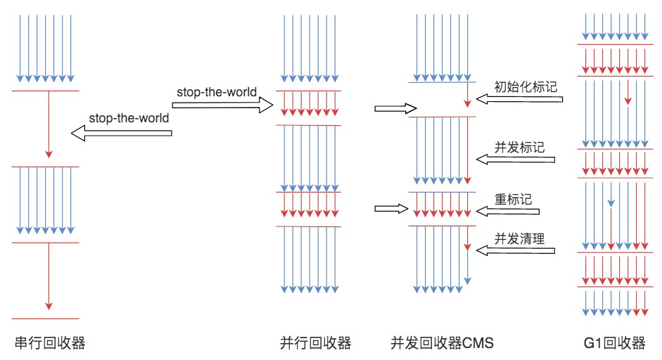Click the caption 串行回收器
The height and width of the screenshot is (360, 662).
click(x=50, y=342)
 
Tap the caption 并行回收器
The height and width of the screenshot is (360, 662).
click(x=315, y=342)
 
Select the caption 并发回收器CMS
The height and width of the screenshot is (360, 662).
click(x=442, y=342)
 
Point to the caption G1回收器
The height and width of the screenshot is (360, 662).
click(x=614, y=342)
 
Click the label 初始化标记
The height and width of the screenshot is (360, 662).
click(x=526, y=87)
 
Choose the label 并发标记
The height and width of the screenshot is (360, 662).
click(x=519, y=147)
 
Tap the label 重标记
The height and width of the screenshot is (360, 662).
click(x=513, y=199)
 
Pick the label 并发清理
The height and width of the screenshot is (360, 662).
click(x=519, y=238)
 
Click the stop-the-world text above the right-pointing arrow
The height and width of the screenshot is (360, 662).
click(x=217, y=92)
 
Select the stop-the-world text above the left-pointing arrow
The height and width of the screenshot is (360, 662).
click(x=129, y=118)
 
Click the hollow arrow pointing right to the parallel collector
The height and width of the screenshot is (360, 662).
click(x=222, y=105)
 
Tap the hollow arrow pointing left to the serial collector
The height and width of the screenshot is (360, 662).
click(x=121, y=134)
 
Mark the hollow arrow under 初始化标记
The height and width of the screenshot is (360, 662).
click(x=519, y=99)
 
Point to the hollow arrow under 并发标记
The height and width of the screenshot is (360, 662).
click(x=516, y=160)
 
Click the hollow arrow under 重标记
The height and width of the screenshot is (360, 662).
click(x=507, y=211)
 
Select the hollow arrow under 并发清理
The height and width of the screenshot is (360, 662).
click(x=516, y=251)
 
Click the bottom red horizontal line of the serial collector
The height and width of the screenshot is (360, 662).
click(x=46, y=319)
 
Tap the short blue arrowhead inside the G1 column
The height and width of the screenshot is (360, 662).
click(x=611, y=203)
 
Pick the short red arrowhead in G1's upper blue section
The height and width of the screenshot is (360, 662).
click(x=628, y=101)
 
